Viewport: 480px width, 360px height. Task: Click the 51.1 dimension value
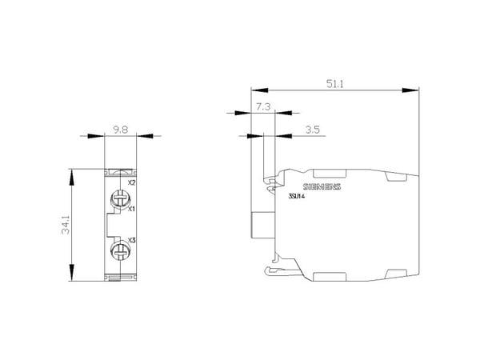pyautogui.click(x=335, y=83)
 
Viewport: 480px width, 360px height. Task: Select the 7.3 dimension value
pyautogui.click(x=263, y=107)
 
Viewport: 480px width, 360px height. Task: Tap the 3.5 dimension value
pyautogui.click(x=313, y=130)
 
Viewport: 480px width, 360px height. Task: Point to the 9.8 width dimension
pyautogui.click(x=121, y=130)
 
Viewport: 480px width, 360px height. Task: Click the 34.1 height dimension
pyautogui.click(x=66, y=225)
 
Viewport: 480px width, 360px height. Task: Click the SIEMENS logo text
pyautogui.click(x=322, y=186)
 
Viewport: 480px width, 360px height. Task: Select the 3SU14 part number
pyautogui.click(x=297, y=197)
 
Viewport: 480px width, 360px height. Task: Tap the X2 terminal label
pyautogui.click(x=131, y=182)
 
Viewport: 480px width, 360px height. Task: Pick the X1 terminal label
pyautogui.click(x=131, y=209)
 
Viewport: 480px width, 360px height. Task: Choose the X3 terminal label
pyautogui.click(x=132, y=240)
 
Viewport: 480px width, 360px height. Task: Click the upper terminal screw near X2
pyautogui.click(x=120, y=198)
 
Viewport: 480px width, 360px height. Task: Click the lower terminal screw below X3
pyautogui.click(x=120, y=251)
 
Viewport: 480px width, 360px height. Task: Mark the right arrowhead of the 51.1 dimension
pyautogui.click(x=410, y=90)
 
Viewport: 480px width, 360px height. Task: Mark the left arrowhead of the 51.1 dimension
pyautogui.click(x=259, y=90)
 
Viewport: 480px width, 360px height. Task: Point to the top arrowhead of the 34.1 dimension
pyautogui.click(x=72, y=178)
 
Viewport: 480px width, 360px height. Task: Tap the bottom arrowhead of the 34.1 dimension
pyautogui.click(x=72, y=273)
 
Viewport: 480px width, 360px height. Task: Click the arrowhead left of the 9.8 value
pyautogui.click(x=96, y=136)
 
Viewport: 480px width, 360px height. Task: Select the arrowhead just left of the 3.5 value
pyautogui.click(x=283, y=136)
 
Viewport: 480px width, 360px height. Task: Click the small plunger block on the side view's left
pyautogui.click(x=263, y=225)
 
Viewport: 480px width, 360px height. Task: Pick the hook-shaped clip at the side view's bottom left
pyautogui.click(x=273, y=270)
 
